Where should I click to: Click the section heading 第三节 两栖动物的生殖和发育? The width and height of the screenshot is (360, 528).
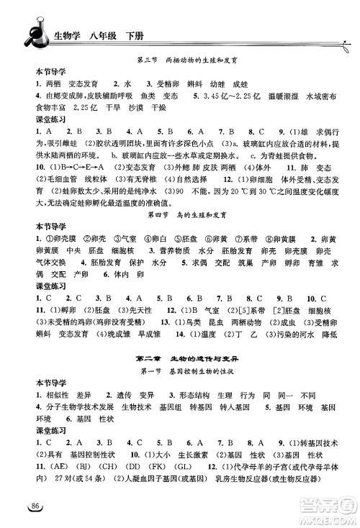click(x=192, y=60)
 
